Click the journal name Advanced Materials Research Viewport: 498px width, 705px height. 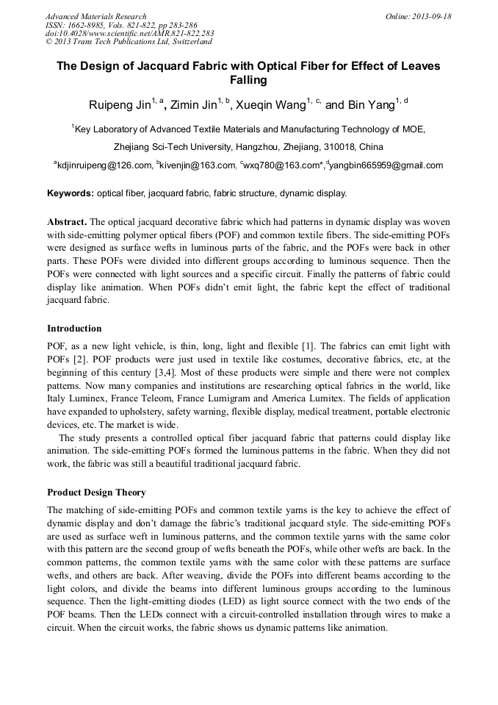[x=95, y=16]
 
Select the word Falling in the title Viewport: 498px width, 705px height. [x=248, y=80]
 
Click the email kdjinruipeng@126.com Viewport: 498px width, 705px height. [x=104, y=165]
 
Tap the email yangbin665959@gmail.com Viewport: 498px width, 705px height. [x=387, y=165]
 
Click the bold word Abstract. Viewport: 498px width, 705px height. [x=68, y=221]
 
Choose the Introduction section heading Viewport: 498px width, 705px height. [x=74, y=328]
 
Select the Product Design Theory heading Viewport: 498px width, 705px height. [x=96, y=492]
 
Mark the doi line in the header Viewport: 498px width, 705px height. [x=129, y=34]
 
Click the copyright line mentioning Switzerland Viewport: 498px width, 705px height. [x=129, y=42]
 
